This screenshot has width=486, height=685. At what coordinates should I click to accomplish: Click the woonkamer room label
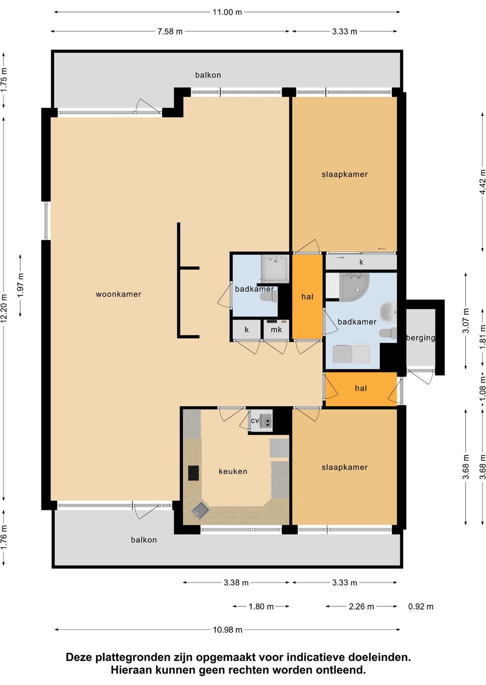[x=118, y=294]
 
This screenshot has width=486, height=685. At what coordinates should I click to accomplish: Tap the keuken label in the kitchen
[x=233, y=471]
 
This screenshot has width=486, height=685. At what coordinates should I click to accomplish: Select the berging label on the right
[x=420, y=338]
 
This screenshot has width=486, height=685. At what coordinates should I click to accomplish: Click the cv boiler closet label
[x=255, y=420]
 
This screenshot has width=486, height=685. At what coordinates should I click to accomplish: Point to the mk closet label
[x=276, y=329]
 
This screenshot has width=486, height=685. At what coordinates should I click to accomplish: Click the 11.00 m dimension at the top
[x=227, y=12]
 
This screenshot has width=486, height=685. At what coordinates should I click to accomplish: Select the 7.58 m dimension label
[x=170, y=31]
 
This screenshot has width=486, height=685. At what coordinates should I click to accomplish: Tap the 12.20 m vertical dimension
[x=4, y=308]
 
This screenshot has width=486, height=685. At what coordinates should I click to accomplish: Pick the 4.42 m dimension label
[x=482, y=182]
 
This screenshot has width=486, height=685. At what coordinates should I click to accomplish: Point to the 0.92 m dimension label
[x=420, y=606]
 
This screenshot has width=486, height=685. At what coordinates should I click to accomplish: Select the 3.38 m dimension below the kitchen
[x=236, y=582]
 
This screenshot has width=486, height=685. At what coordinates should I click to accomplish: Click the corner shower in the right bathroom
[x=355, y=286]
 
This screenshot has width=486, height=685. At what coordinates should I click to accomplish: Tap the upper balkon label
[x=208, y=75]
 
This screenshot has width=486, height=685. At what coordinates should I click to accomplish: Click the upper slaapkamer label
[x=344, y=174]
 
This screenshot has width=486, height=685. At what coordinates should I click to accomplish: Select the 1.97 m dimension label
[x=21, y=286]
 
